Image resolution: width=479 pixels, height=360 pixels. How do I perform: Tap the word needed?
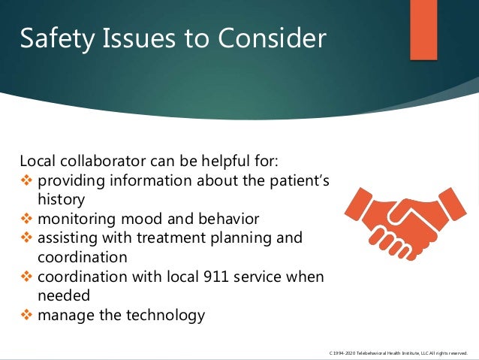[x=63, y=295]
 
